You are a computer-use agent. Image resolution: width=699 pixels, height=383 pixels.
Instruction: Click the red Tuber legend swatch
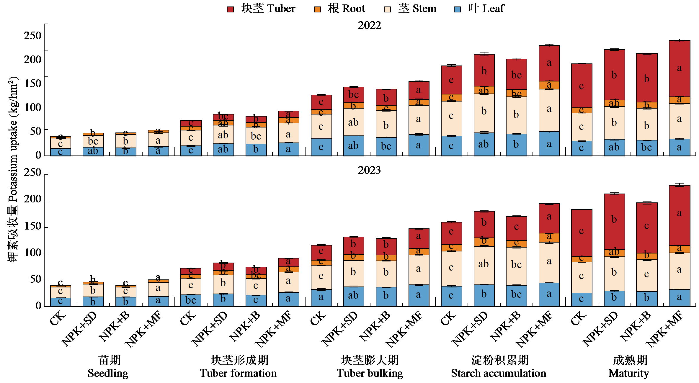(x=230, y=9)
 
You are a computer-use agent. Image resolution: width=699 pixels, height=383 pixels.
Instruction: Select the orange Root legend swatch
(x=317, y=9)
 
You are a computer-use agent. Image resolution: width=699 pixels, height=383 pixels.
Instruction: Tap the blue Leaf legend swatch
(x=457, y=9)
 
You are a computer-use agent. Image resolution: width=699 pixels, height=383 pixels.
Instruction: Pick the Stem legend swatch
(x=387, y=9)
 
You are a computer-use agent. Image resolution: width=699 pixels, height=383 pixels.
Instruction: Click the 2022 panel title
(x=369, y=25)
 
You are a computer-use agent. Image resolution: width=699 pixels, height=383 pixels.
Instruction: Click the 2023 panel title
(x=369, y=170)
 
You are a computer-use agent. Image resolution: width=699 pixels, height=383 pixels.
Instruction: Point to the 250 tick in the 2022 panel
(x=32, y=36)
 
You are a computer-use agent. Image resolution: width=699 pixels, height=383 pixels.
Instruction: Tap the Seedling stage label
(x=108, y=367)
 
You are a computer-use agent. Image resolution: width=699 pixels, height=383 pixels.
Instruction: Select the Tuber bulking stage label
(x=370, y=367)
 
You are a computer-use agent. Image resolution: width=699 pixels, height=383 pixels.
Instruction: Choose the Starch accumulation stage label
(x=499, y=367)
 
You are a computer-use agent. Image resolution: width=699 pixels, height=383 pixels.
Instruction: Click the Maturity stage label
(x=629, y=367)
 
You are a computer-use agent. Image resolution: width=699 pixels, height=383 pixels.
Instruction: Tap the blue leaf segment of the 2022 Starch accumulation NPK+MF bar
(x=549, y=144)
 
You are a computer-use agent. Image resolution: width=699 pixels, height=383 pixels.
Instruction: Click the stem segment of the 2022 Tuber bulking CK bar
(x=321, y=126)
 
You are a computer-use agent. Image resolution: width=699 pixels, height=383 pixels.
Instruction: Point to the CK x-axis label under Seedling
(x=58, y=318)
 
